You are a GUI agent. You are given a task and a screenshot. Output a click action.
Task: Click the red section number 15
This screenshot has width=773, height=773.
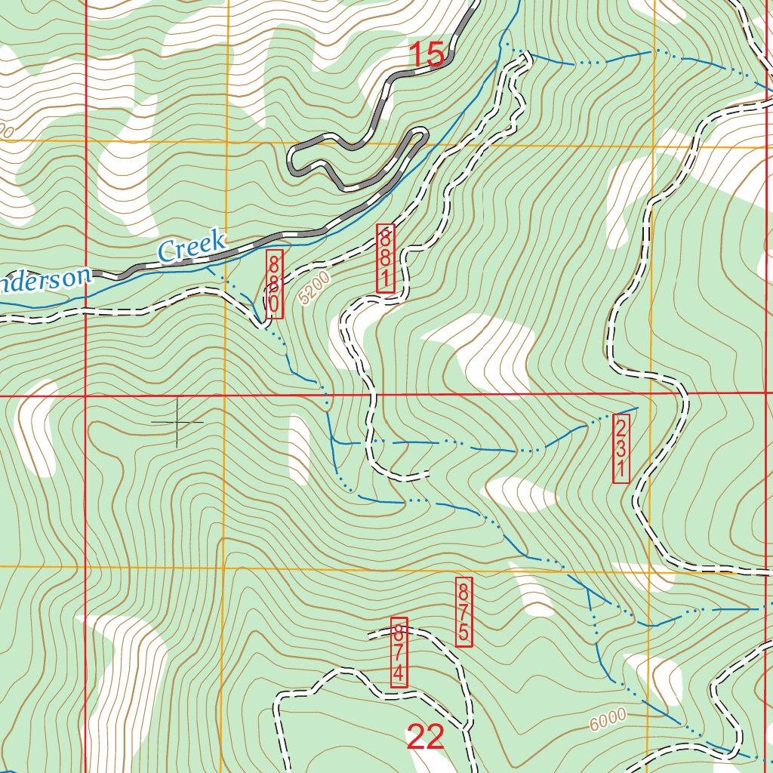pyautogui.click(x=427, y=54)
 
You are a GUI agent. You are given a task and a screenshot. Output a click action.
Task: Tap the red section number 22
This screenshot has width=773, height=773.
pyautogui.click(x=425, y=737)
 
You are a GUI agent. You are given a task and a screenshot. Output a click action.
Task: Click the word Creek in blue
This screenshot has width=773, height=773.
pyautogui.click(x=192, y=247)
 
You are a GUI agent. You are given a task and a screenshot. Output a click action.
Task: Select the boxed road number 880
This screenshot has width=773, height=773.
pyautogui.click(x=274, y=284)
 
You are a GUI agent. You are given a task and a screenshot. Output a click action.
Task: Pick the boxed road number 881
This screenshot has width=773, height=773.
pyautogui.click(x=386, y=258)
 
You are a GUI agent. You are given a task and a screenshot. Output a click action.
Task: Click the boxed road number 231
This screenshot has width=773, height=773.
pyautogui.click(x=620, y=448)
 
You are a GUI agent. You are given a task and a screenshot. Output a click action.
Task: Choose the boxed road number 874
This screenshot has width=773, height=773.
pyautogui.click(x=399, y=652)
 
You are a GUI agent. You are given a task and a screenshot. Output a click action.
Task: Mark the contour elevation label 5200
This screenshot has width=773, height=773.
pyautogui.click(x=314, y=288)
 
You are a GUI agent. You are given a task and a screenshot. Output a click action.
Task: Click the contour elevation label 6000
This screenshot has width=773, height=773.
pyautogui.click(x=608, y=719)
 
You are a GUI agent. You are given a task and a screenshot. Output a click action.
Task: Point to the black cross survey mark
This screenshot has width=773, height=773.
pyautogui.click(x=177, y=421)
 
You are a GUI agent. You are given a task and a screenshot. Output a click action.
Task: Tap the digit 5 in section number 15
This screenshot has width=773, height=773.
pyautogui.click(x=436, y=54)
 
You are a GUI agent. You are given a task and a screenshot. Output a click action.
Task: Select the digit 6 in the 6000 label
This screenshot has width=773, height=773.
pyautogui.click(x=595, y=725)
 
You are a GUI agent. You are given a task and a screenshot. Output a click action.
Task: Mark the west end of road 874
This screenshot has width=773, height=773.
pyautogui.click(x=369, y=636)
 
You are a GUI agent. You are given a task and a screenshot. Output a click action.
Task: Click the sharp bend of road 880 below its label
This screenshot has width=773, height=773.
pyautogui.click(x=261, y=325)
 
